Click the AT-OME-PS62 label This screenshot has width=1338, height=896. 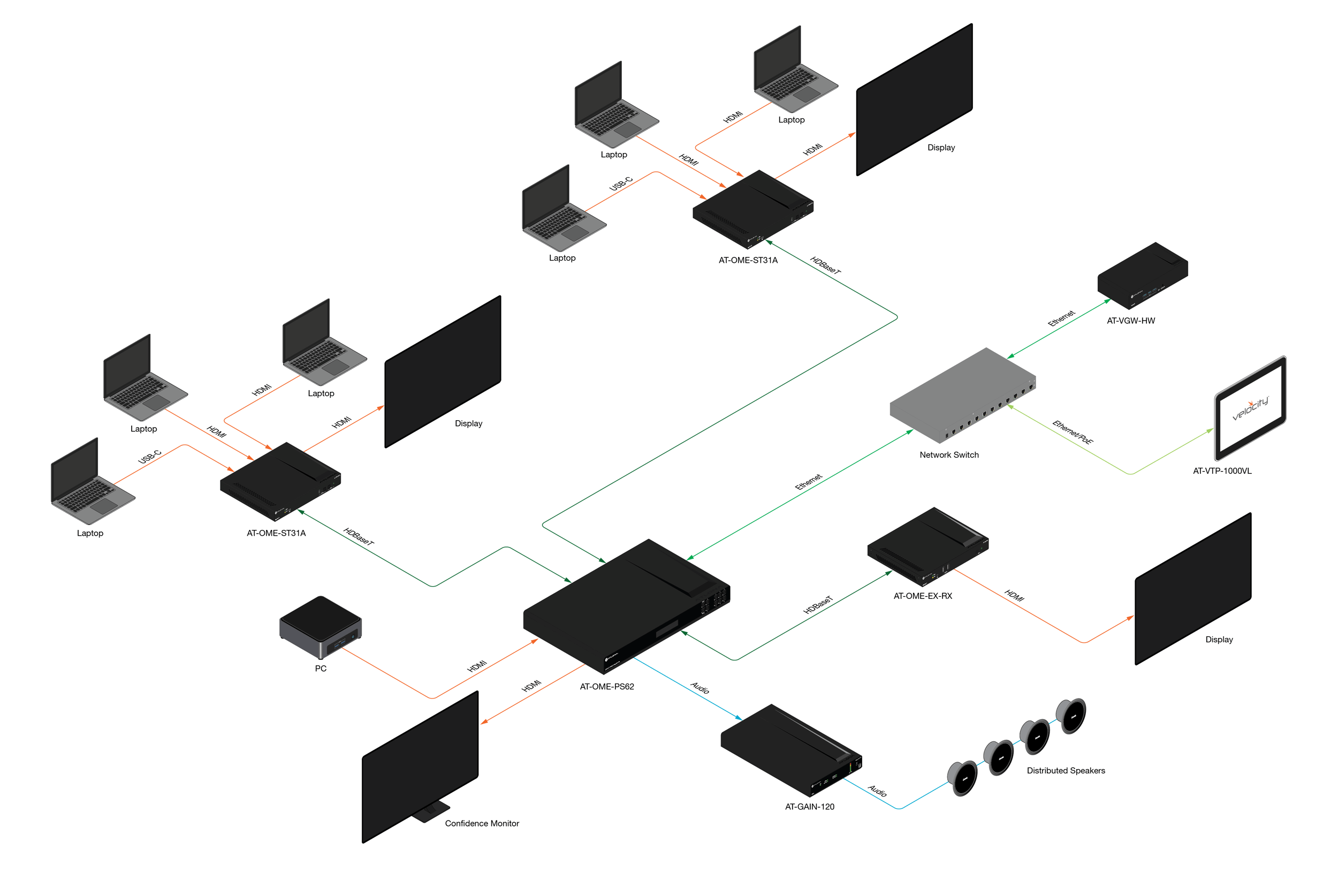tap(607, 686)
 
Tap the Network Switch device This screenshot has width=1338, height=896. tap(963, 395)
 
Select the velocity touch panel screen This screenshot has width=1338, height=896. tap(1251, 408)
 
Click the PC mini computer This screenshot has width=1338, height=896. tap(321, 627)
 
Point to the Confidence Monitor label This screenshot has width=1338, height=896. tap(482, 823)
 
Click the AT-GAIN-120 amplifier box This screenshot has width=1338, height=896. tap(791, 750)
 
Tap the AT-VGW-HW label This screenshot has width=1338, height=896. tap(1131, 321)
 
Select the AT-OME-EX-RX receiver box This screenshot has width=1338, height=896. tap(928, 546)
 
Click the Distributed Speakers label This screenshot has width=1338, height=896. tap(1066, 770)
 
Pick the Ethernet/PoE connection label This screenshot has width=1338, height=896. tap(1073, 432)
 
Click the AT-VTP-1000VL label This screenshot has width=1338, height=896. tap(1222, 471)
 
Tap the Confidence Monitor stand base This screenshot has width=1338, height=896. tap(431, 811)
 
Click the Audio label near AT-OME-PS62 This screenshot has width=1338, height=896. tap(700, 687)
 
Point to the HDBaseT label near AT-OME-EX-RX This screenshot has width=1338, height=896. tap(818, 605)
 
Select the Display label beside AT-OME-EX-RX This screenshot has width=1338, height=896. tap(1219, 640)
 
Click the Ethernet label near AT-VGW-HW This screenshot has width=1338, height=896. tap(1061, 318)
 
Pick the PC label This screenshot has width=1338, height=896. tap(321, 668)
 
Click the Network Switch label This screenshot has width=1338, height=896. tap(949, 455)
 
